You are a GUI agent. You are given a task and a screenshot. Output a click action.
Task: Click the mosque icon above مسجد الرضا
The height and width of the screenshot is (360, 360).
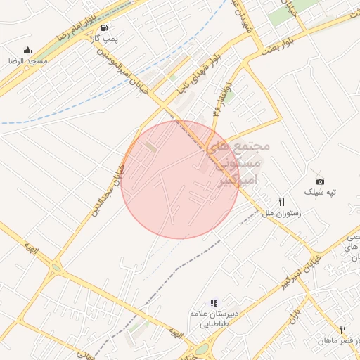pos(27,50)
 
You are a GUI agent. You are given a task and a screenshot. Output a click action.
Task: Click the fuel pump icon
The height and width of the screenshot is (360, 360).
pos(105,28)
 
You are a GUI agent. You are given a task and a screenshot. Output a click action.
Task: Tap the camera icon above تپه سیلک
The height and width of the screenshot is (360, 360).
pos(321,181)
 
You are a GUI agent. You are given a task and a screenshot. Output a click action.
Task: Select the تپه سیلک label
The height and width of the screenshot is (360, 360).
pos(321,193)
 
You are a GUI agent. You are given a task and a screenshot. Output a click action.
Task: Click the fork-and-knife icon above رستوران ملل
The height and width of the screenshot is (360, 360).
pos(281,201)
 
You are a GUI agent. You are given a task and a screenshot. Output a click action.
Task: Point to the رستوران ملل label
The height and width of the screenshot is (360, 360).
pos(282,212)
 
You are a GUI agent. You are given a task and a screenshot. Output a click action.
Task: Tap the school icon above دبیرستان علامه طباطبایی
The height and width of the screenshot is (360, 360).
pos(214,303)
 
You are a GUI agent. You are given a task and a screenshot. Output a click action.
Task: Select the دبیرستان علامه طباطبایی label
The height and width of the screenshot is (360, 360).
pos(214,319)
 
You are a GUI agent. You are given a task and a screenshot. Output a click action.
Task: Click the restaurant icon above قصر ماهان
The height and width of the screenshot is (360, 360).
pos(343,330)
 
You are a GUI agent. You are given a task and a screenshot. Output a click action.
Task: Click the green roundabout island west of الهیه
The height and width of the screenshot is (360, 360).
pos(56,267)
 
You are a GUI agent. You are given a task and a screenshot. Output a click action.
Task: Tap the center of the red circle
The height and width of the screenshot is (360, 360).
pos(180,180)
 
